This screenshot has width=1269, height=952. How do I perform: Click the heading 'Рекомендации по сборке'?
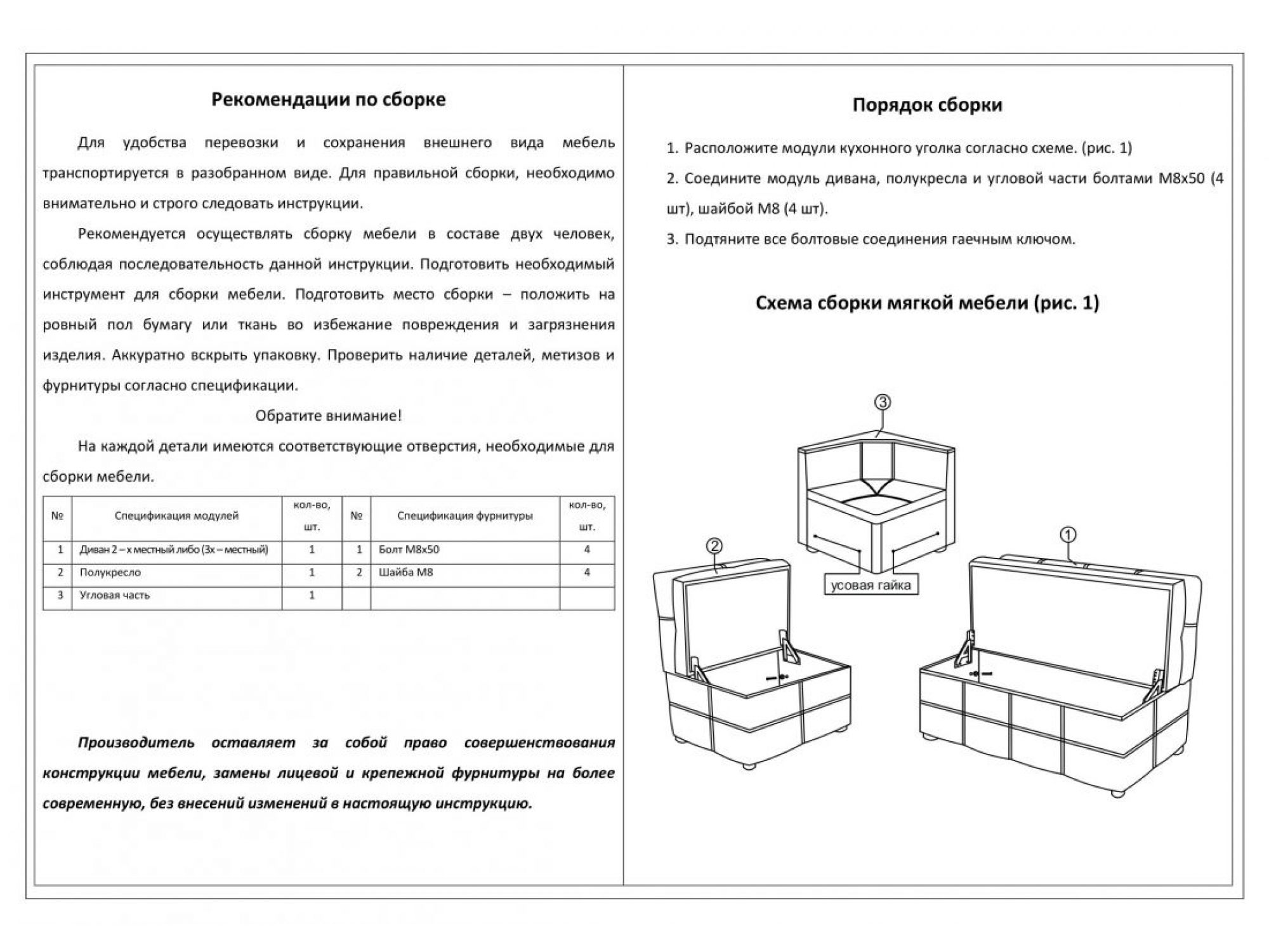(x=328, y=100)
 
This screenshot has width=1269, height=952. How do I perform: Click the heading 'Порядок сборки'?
(x=927, y=105)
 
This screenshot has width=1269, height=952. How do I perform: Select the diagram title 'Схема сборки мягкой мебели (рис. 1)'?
(x=927, y=303)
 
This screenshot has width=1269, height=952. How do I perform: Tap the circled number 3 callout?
(x=883, y=402)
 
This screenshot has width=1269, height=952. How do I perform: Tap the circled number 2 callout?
(x=714, y=546)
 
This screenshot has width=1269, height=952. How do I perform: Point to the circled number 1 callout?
(x=1068, y=535)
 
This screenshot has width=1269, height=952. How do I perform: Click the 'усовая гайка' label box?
(x=871, y=585)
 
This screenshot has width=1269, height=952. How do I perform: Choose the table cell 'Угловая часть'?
(x=115, y=595)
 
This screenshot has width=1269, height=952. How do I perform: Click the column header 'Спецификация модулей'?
(x=176, y=516)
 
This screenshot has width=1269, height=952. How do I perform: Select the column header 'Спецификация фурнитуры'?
(x=464, y=516)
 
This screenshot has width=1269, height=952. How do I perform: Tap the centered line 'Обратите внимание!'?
(x=328, y=416)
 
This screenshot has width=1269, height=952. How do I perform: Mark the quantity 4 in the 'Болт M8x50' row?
(x=587, y=550)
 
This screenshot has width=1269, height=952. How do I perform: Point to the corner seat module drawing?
(x=876, y=501)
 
